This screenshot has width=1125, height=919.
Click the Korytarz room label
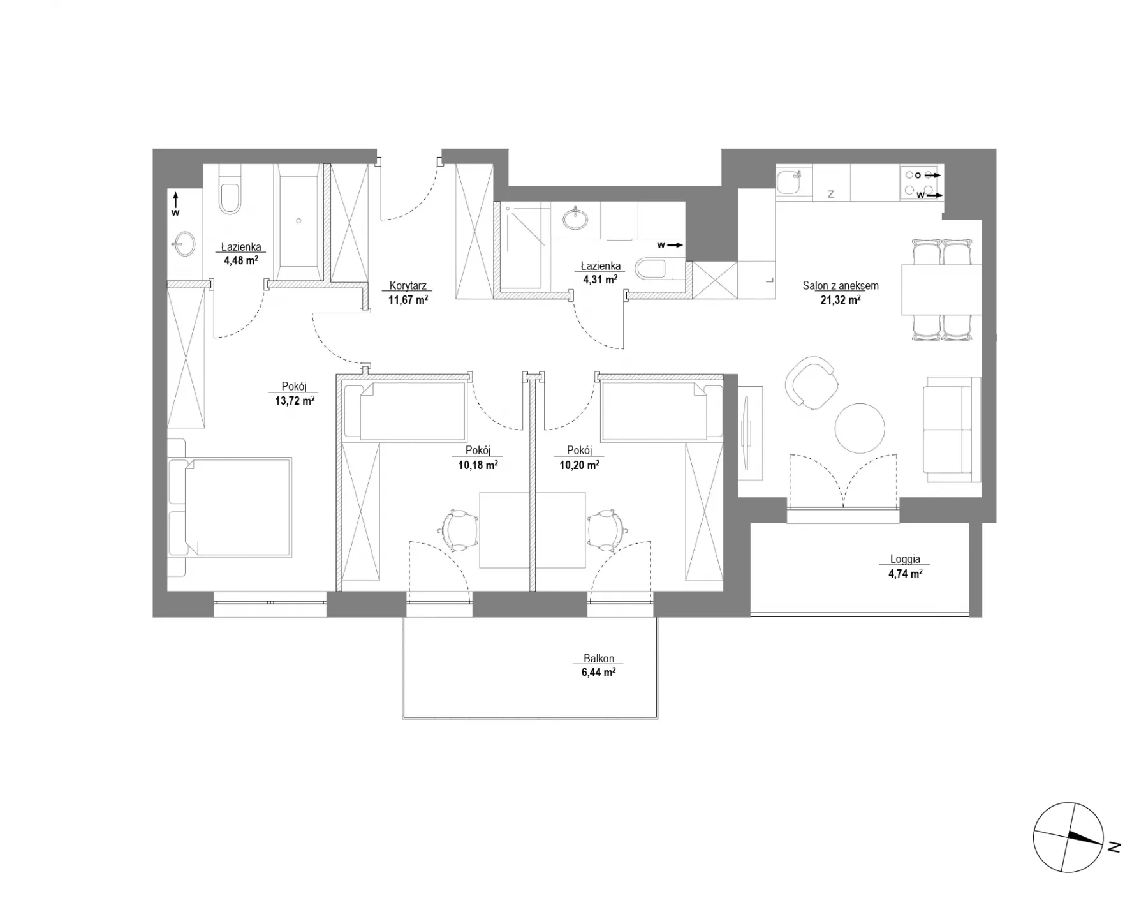[x=408, y=287]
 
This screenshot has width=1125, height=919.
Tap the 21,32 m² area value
[x=841, y=299]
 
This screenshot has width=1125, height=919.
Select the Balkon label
[x=599, y=659]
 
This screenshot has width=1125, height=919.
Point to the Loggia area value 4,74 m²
[x=905, y=573]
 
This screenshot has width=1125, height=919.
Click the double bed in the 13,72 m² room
[x=230, y=507]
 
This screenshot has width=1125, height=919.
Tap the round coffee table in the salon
[x=860, y=428]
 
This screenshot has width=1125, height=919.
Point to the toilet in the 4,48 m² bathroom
[x=230, y=190]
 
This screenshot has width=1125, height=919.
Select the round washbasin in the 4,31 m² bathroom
[x=577, y=218]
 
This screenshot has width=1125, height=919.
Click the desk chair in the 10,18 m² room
[x=459, y=530]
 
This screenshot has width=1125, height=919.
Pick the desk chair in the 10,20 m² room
[x=606, y=530]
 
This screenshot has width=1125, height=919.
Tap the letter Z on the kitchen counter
[x=831, y=195]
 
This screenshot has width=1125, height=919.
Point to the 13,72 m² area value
[x=295, y=401]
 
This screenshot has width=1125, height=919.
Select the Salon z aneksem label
[x=841, y=286]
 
